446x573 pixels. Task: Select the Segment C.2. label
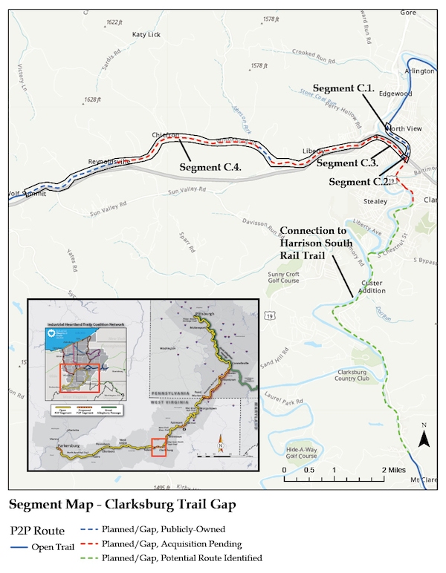(358, 182)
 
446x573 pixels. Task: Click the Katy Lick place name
(146, 35)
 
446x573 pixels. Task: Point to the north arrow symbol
(424, 437)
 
